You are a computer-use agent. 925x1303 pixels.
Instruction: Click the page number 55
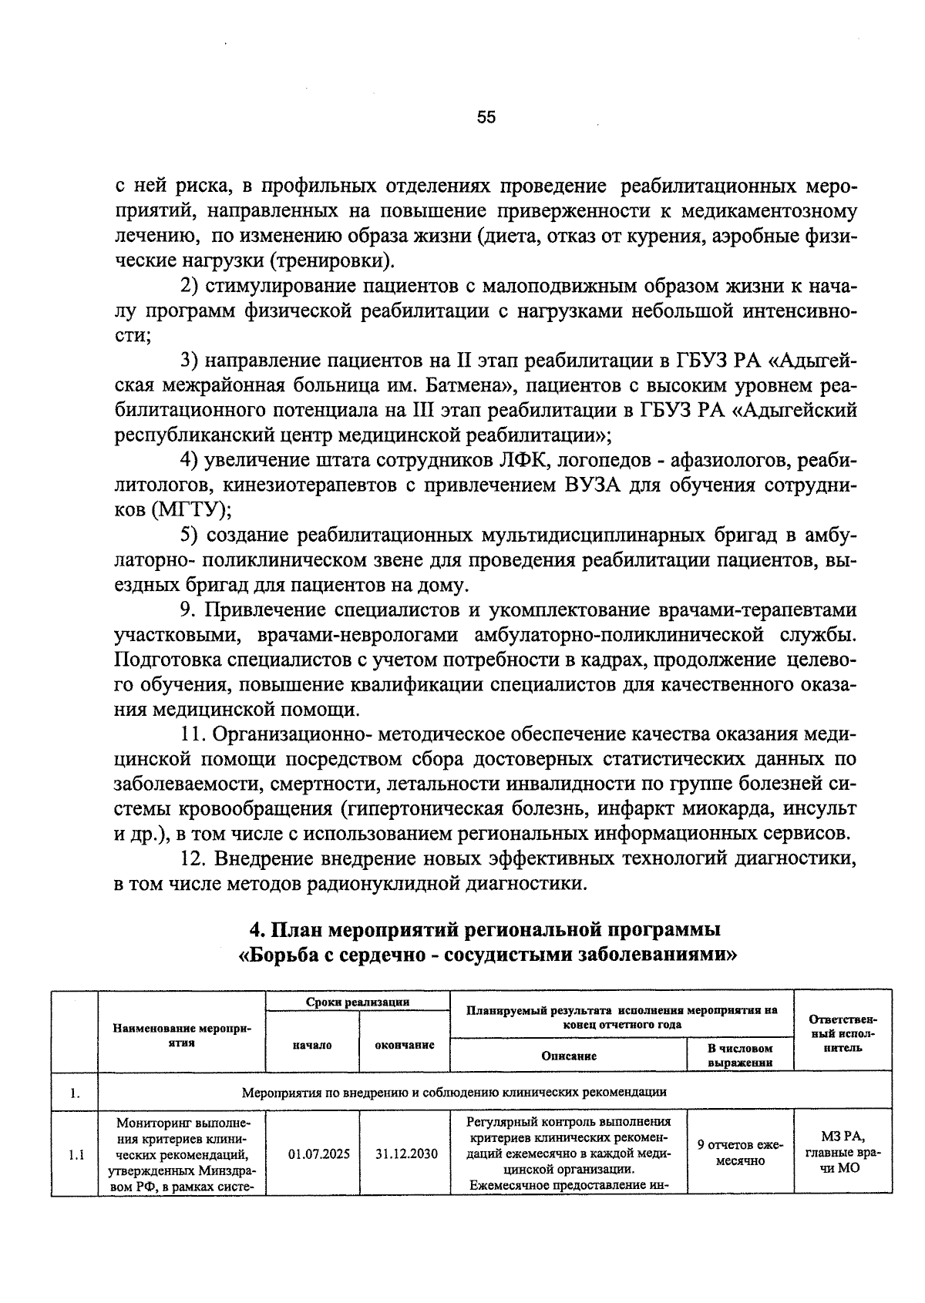point(486,117)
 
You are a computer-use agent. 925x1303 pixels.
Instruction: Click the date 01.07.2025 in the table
point(318,1154)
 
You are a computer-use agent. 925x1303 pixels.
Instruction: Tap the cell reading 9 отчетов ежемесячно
point(739,1153)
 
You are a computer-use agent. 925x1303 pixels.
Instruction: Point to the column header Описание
point(569,1056)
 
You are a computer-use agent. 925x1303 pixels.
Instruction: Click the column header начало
point(312,1045)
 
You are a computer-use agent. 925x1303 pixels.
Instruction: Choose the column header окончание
point(405,1045)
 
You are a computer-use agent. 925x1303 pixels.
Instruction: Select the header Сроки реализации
point(358,1002)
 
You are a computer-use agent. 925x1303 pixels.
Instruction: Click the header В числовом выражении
point(739,1055)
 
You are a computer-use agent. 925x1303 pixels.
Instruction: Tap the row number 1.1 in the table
point(76,1154)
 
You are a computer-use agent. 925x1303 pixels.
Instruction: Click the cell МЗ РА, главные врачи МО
point(843,1153)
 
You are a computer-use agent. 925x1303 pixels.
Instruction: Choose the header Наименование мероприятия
point(182,1035)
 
